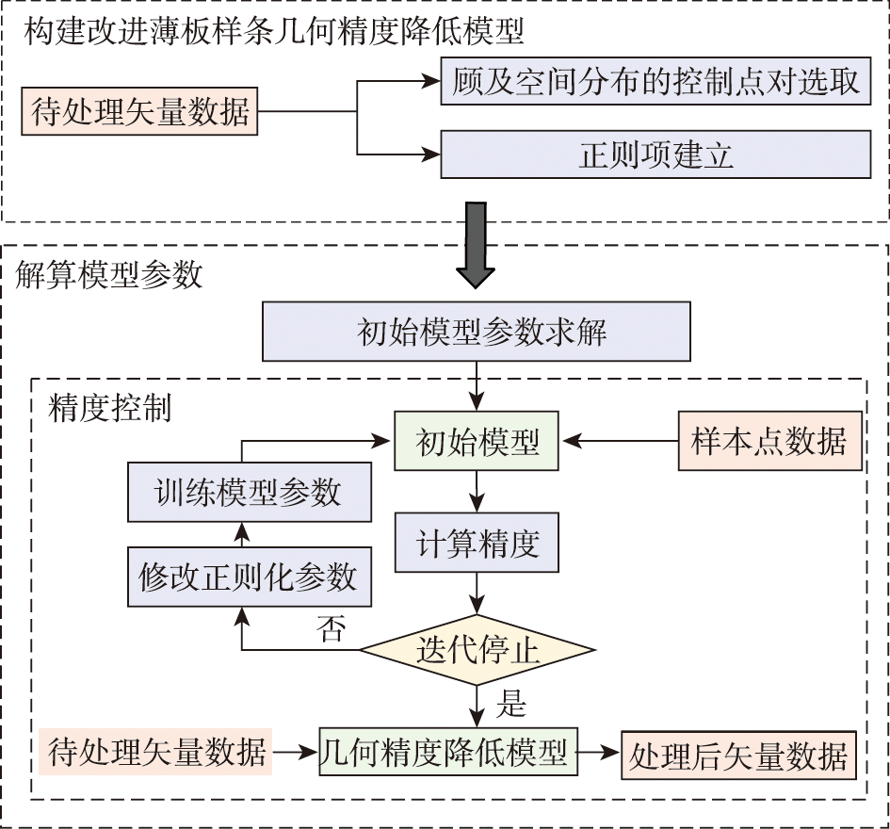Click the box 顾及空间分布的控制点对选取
click(655, 83)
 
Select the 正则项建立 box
click(655, 154)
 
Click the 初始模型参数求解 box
click(477, 333)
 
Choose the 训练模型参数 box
click(249, 493)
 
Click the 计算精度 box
click(477, 544)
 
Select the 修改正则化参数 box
click(249, 577)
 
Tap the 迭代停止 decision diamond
click(477, 650)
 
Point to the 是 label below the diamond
click(510, 703)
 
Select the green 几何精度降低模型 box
click(447, 753)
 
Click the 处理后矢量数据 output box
click(738, 755)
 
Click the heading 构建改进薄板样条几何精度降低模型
click(273, 32)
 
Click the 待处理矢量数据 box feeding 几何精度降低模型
click(156, 753)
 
